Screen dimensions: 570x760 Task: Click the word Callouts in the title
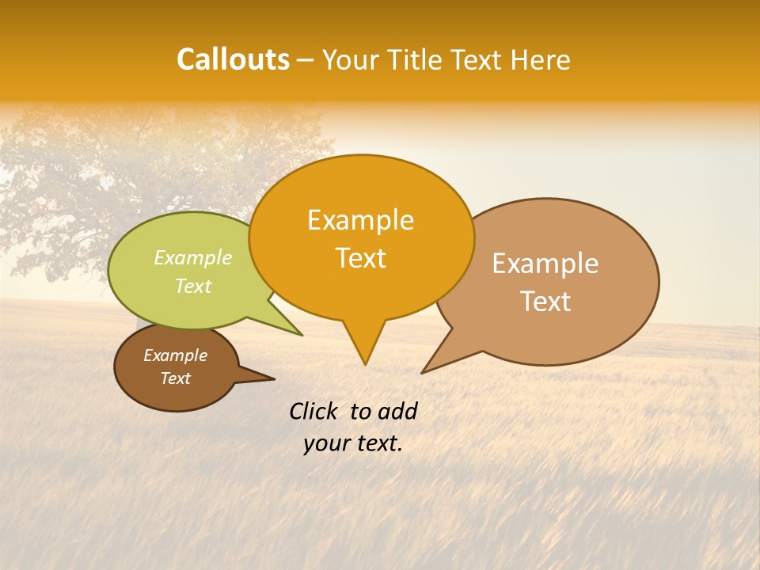[x=234, y=60]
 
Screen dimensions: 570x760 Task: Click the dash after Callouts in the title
[x=306, y=61]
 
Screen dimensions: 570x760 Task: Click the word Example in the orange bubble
[x=360, y=220]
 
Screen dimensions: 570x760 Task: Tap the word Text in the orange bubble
[x=360, y=258]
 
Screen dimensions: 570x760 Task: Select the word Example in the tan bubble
[x=545, y=264]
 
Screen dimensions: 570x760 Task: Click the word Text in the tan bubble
[x=545, y=302]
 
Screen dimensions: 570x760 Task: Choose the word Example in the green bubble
[x=193, y=258]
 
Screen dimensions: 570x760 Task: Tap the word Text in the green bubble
[x=193, y=287]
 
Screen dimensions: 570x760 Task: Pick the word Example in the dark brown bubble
[x=175, y=355]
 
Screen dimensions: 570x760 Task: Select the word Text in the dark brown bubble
[x=175, y=378]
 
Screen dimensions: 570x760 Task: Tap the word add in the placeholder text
[x=397, y=411]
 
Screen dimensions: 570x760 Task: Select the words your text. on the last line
[x=353, y=443]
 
